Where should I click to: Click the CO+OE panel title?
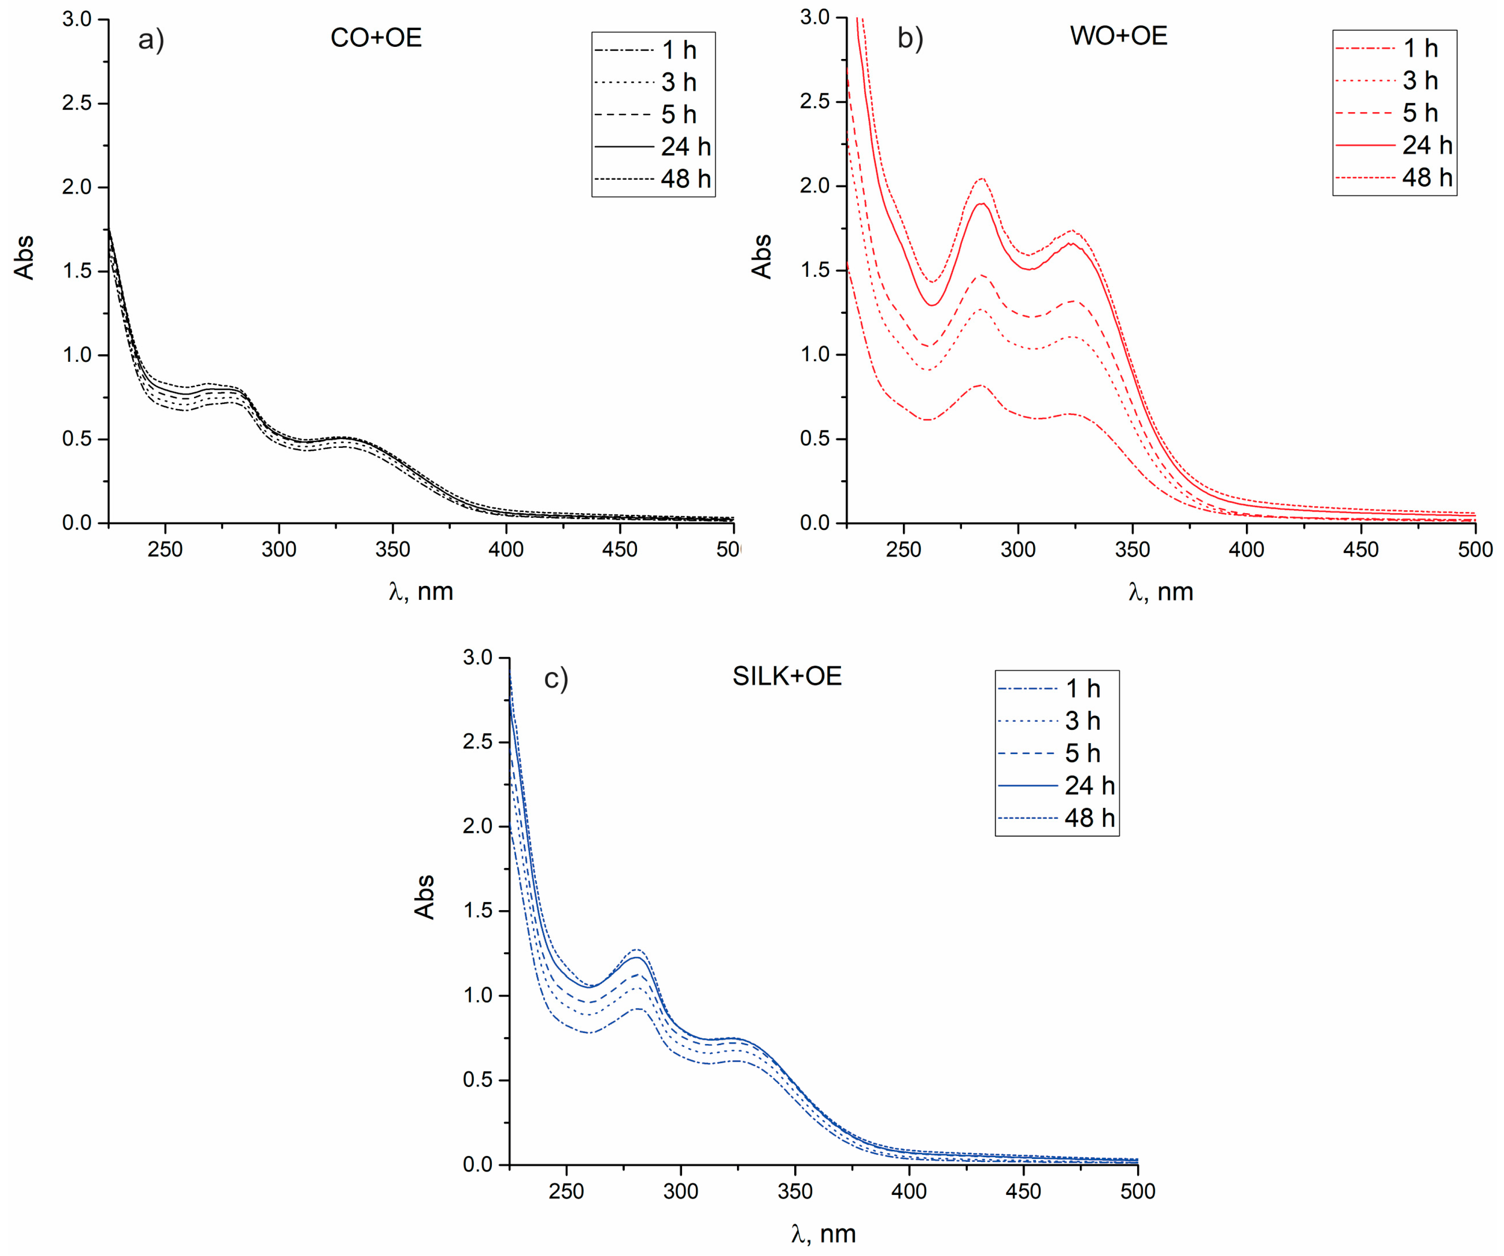376,38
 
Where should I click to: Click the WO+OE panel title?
1119,36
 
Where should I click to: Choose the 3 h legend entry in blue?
1082,721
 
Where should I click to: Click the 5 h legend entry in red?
1420,113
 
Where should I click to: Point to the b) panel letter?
910,38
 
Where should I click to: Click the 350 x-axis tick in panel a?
392,549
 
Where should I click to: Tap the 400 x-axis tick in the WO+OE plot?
1246,549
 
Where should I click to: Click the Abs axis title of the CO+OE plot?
24,257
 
